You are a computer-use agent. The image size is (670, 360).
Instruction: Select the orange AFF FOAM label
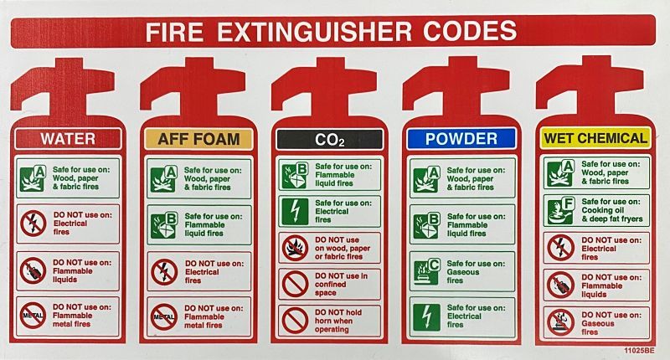[x=198, y=139]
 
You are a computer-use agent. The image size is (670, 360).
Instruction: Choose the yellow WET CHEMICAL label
[x=595, y=138]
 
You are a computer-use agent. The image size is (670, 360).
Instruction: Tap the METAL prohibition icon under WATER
[x=33, y=316]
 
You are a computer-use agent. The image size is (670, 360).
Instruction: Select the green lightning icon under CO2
[x=295, y=211]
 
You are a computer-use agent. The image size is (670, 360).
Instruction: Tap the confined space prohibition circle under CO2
[x=295, y=283]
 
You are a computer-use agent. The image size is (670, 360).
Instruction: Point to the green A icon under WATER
[x=33, y=177]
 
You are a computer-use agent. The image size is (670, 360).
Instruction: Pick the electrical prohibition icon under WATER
[x=33, y=223]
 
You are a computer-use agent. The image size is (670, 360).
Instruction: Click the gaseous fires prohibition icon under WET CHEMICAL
[x=559, y=321]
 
